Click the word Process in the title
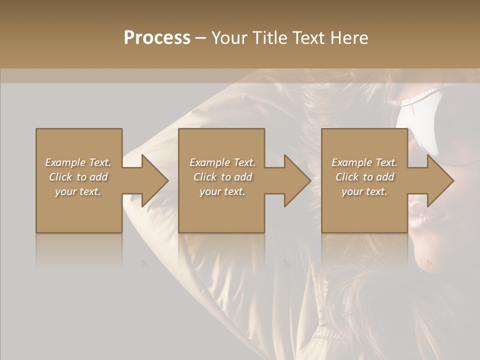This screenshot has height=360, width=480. (157, 38)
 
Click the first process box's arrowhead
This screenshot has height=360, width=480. (152, 180)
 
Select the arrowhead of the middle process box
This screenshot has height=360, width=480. (295, 180)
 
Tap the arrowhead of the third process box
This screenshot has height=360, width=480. (438, 180)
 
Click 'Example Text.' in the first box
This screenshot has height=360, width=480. (78, 162)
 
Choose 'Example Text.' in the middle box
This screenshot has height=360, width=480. (222, 162)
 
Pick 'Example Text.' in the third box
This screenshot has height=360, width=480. (364, 162)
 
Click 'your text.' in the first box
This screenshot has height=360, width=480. (78, 191)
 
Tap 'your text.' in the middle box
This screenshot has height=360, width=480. (222, 191)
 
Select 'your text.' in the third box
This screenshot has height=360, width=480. (364, 191)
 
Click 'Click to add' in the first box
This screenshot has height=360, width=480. (78, 177)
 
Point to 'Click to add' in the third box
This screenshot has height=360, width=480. (365, 177)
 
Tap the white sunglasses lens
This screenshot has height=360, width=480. (417, 125)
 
